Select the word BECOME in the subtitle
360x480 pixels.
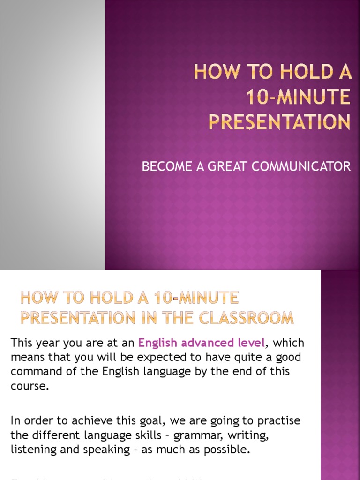pyautogui.click(x=167, y=166)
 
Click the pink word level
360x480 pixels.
pyautogui.click(x=252, y=343)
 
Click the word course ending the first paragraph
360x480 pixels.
pyautogui.click(x=29, y=387)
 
